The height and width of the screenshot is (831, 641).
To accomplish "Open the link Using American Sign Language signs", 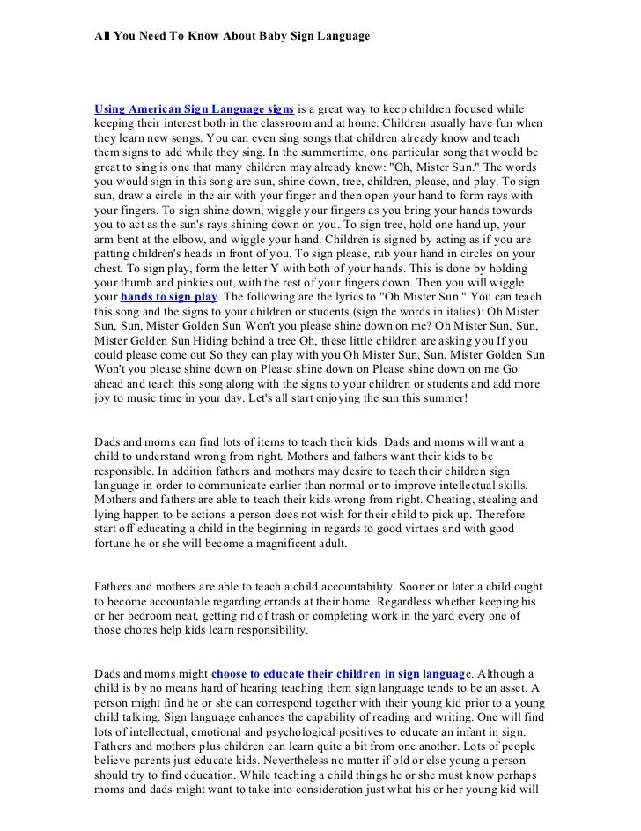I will coord(194,108).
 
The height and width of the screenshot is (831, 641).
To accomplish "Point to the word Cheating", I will coord(397,500).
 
